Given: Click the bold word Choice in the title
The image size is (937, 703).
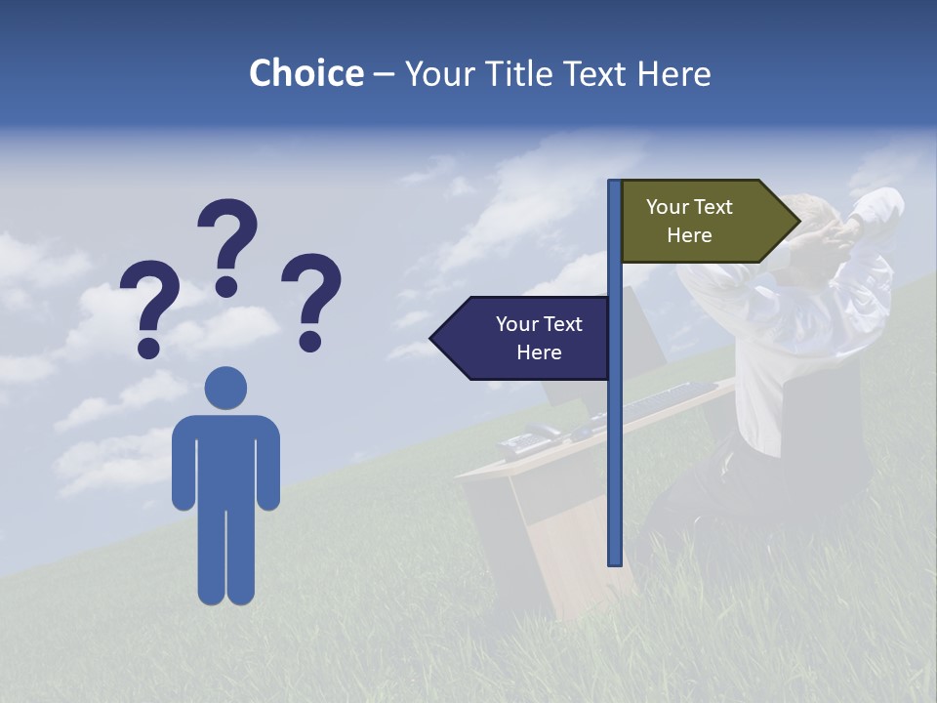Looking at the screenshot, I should tap(306, 73).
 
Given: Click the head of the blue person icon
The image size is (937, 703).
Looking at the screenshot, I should tap(225, 388).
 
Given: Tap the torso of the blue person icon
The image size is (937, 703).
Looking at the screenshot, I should tap(225, 459).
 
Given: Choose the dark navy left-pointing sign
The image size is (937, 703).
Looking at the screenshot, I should tap(527, 338).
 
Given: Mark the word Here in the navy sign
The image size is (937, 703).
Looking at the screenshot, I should tap(539, 352).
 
